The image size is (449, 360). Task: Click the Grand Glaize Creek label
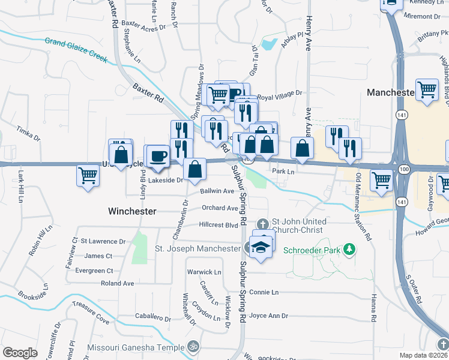point(76,50)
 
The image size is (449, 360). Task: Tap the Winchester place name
point(132,211)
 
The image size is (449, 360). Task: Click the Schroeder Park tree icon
point(348,249)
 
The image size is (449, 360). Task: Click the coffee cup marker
point(159,156)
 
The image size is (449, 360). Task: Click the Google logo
point(20,352)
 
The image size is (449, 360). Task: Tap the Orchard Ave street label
point(220,208)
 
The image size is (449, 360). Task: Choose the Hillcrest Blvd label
point(218,225)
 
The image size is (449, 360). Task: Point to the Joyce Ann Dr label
point(268,316)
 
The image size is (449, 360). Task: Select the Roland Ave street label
point(117,283)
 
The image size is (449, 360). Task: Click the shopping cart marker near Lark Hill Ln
point(88,176)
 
